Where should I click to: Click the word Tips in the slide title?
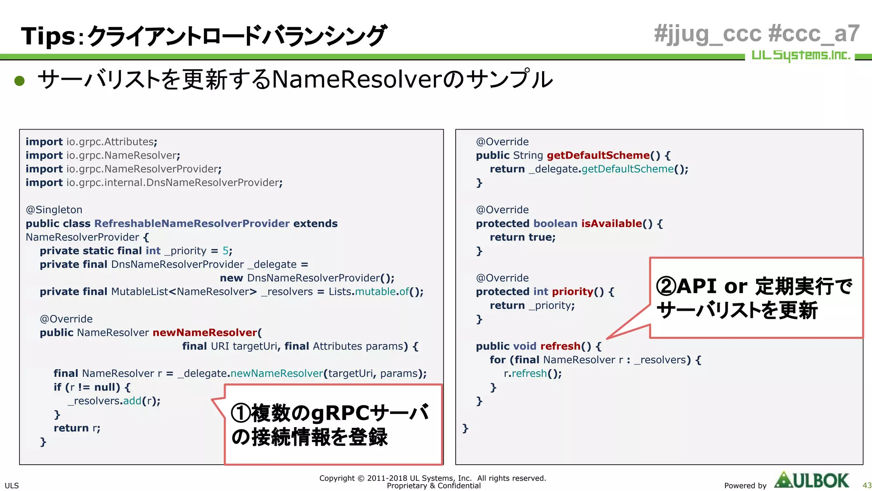48,36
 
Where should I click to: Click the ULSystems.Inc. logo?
800,55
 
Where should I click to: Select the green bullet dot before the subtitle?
20,81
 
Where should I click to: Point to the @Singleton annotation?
54,210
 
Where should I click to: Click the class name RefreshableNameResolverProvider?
192,223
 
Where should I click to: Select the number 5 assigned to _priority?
225,251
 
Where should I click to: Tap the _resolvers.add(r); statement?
114,401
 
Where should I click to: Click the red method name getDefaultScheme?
598,155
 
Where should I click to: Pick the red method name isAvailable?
611,223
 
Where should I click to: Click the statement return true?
522,237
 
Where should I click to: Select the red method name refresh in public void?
560,346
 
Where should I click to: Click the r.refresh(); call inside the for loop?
533,373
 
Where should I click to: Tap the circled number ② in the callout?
666,286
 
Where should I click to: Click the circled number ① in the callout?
241,413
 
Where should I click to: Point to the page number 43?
867,485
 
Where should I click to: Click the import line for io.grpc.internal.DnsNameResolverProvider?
154,182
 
